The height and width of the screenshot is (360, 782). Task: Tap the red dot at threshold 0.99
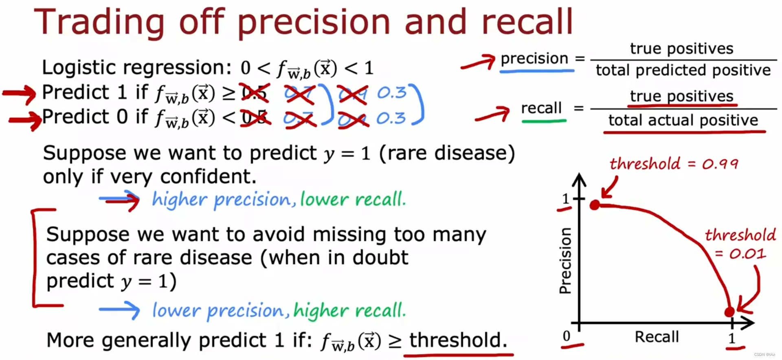coord(595,205)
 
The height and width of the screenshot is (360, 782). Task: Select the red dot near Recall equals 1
coord(729,312)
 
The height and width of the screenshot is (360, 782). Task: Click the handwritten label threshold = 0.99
coord(674,164)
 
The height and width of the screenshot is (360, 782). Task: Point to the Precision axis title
coord(565,261)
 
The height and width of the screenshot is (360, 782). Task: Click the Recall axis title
coord(657,337)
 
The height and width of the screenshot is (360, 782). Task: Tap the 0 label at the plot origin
coord(567,336)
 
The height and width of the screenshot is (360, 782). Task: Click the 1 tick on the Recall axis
coord(732,338)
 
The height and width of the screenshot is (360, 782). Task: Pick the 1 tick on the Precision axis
coord(565,199)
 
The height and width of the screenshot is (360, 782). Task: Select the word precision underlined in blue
coord(534,59)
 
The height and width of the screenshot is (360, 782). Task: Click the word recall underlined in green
coord(541,108)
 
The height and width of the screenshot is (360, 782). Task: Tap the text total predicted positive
coord(683,70)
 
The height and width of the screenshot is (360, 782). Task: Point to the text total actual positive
coord(683,121)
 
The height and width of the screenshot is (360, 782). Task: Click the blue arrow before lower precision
coord(119,310)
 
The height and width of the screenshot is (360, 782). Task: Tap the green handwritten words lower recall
coord(353,200)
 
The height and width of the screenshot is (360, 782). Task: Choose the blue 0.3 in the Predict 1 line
coord(391,93)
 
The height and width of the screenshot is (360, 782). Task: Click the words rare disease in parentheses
coord(447,154)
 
